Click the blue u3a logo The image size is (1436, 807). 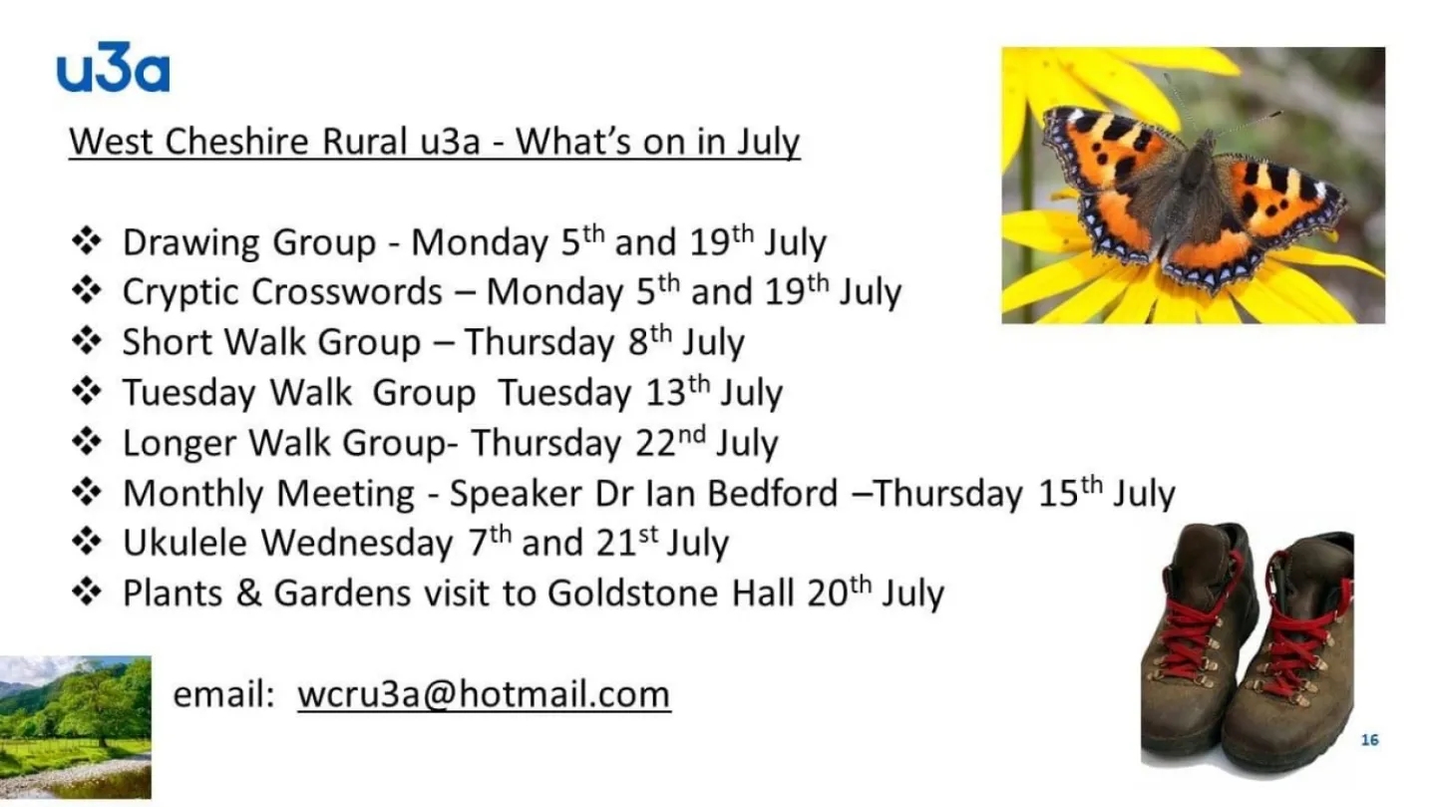pyautogui.click(x=113, y=71)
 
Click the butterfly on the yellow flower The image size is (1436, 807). pyautogui.click(x=1193, y=189)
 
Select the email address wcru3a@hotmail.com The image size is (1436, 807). pyautogui.click(x=484, y=694)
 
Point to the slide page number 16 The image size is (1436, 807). pyautogui.click(x=1369, y=740)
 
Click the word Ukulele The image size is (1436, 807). pyautogui.click(x=186, y=544)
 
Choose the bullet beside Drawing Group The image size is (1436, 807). pyautogui.click(x=88, y=241)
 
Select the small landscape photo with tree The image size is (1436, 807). pyautogui.click(x=75, y=726)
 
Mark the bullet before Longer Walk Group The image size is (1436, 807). pyautogui.click(x=88, y=442)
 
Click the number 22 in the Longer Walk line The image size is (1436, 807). pyautogui.click(x=657, y=444)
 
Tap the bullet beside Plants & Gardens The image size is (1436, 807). pyautogui.click(x=88, y=593)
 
